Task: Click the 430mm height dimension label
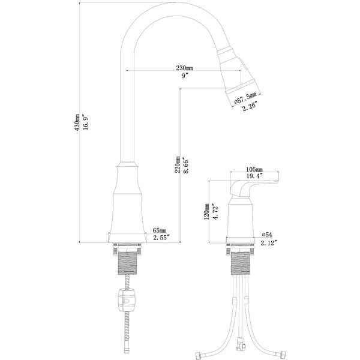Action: point(77,122)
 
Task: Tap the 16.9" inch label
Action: point(86,122)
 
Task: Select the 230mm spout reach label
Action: point(184,68)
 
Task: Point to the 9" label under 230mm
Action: point(185,76)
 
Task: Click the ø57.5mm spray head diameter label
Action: point(245,98)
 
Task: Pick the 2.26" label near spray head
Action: point(250,107)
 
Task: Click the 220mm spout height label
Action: point(178,164)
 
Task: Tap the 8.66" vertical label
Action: point(186,166)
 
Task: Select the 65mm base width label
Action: point(160,230)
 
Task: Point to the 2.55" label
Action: point(161,238)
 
